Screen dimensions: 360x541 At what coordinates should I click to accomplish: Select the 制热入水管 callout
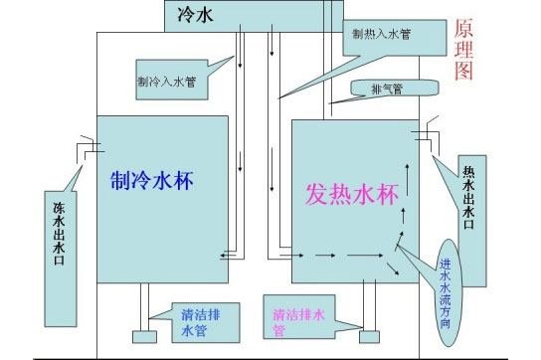[382, 34]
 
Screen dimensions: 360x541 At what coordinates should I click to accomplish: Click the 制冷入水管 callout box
[166, 80]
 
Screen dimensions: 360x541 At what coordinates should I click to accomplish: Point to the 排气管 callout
[386, 90]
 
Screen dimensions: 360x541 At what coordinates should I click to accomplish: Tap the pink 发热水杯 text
[353, 193]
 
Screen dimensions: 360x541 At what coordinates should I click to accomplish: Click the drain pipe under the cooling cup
[145, 308]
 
